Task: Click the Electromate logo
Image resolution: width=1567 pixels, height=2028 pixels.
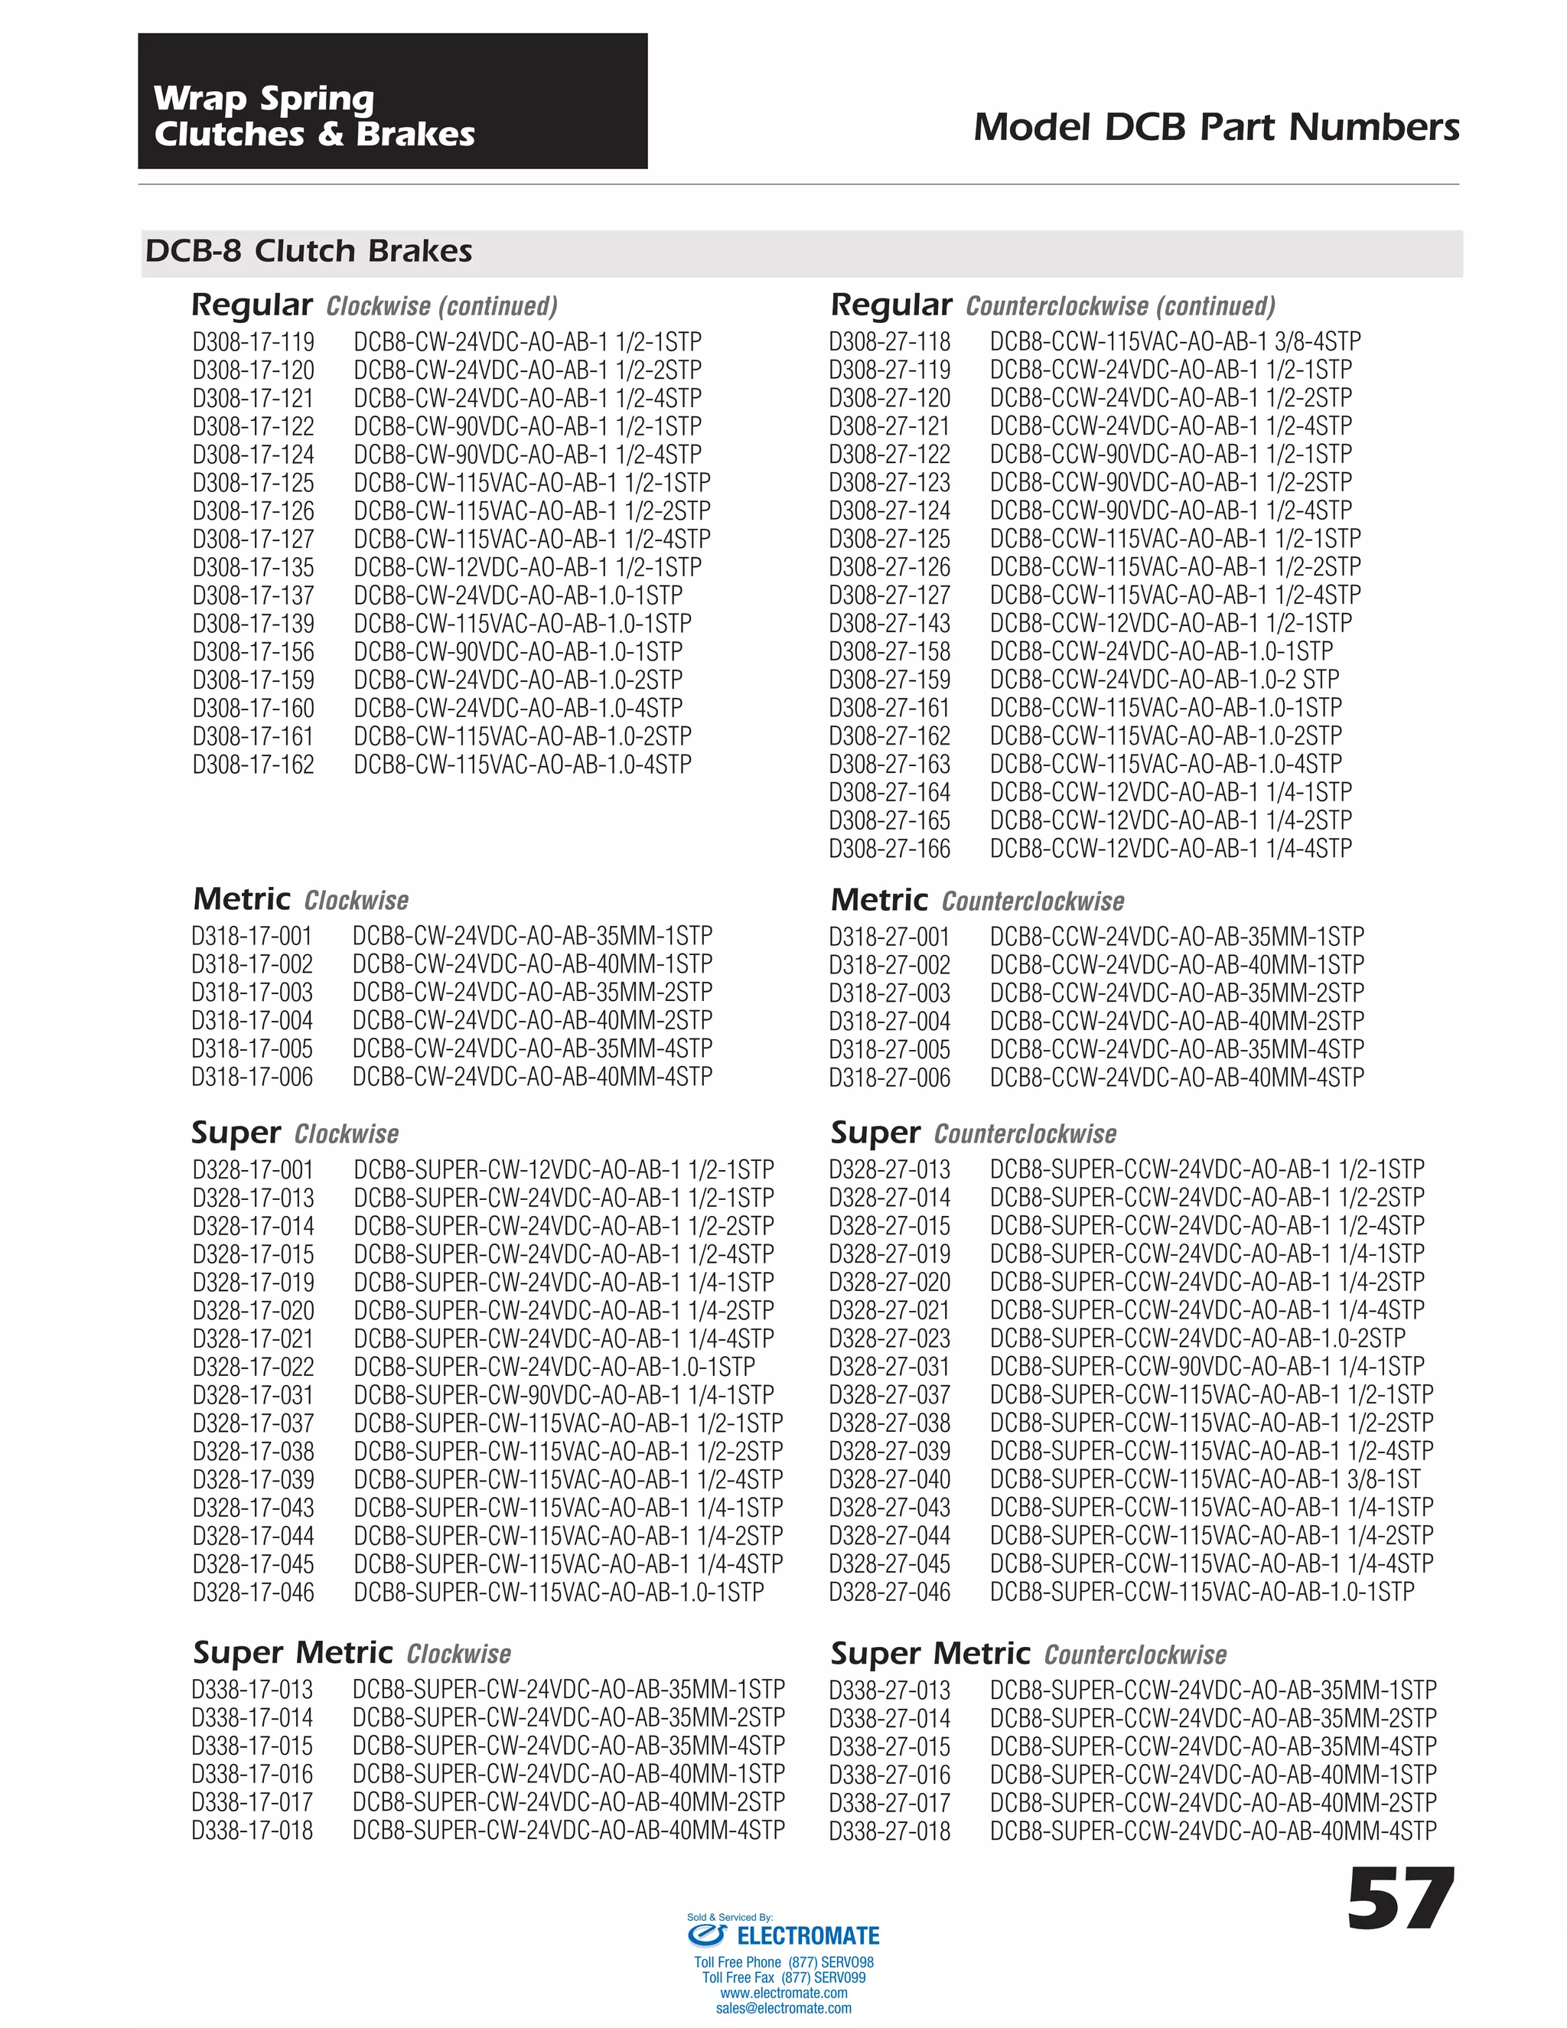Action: coord(784,1936)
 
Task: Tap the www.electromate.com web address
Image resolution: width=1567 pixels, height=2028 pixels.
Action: coord(783,1993)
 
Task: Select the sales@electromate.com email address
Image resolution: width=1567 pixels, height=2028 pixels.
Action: coord(783,2009)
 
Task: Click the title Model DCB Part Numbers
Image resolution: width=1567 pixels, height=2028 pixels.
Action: coord(1216,127)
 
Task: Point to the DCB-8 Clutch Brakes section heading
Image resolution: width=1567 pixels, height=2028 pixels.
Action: coord(308,252)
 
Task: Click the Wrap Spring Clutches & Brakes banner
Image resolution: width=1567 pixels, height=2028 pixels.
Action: coord(392,101)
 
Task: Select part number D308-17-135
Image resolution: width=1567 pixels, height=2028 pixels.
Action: coord(253,567)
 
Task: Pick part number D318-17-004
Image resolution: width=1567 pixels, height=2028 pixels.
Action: coord(252,1020)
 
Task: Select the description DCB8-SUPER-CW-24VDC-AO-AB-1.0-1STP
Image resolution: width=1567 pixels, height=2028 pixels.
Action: coord(554,1367)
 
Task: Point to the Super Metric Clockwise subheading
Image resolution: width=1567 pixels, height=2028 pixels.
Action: coord(352,1654)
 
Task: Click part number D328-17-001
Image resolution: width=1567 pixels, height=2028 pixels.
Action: coord(253,1170)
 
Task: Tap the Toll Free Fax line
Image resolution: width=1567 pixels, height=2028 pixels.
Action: coord(783,1977)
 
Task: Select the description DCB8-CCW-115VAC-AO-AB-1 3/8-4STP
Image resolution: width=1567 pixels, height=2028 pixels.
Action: coord(1174,342)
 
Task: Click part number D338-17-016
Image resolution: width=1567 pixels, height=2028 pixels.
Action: coord(252,1775)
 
